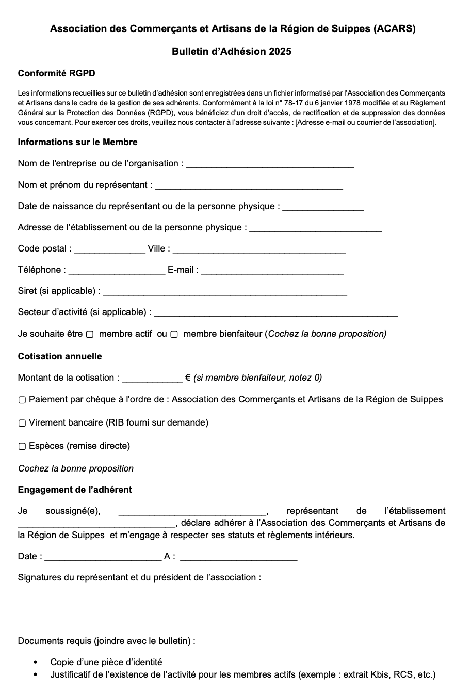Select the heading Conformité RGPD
tap(56, 73)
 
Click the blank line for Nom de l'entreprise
tap(270, 165)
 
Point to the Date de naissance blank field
tap(323, 208)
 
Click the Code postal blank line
tap(110, 250)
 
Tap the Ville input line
tap(259, 250)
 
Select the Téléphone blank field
tap(117, 271)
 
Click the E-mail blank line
tap(272, 271)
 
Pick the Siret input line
tap(225, 292)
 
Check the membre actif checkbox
tap(90, 335)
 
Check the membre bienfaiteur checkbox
tap(174, 335)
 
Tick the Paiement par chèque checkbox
tap(22, 400)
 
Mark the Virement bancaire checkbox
tap(22, 423)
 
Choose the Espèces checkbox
tap(22, 446)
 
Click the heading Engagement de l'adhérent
tap(75, 490)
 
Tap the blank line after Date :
tap(103, 558)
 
